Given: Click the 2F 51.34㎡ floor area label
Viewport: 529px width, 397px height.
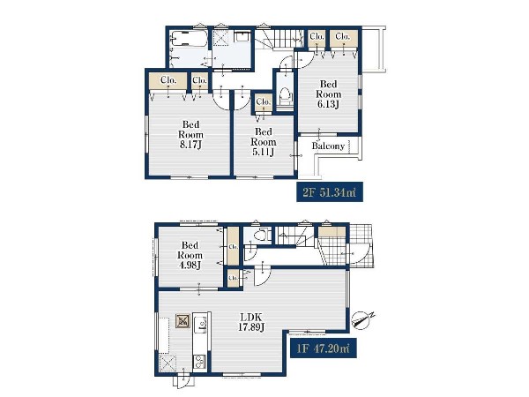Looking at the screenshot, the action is pos(329,192).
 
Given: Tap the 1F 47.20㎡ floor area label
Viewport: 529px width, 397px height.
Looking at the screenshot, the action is pos(324,348).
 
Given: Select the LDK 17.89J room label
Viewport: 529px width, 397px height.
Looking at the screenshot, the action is pos(251,322).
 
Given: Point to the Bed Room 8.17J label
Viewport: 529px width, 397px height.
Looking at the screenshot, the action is pos(190,134).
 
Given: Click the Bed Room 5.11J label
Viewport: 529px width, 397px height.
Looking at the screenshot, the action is pos(263,142).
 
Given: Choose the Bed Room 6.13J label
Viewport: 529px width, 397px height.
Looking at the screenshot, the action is pos(328,94).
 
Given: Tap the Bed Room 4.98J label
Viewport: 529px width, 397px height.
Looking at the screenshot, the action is pos(190,255).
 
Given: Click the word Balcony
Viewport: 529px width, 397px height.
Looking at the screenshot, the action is pos(328,146).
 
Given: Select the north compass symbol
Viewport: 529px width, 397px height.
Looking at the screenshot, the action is pos(362,319).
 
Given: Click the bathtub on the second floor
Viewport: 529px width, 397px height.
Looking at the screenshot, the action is pos(189,39).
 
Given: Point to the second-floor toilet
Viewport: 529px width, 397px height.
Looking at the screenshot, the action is pos(286,95).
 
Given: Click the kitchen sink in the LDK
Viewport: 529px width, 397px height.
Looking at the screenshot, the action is pos(201,324).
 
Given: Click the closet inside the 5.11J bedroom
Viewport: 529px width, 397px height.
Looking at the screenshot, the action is pos(264,102).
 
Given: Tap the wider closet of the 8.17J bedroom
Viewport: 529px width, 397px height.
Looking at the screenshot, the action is pos(168,80).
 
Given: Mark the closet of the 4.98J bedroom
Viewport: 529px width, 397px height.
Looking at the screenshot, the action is pos(233,246).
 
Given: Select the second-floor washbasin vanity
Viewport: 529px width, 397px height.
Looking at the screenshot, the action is pos(242,36).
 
